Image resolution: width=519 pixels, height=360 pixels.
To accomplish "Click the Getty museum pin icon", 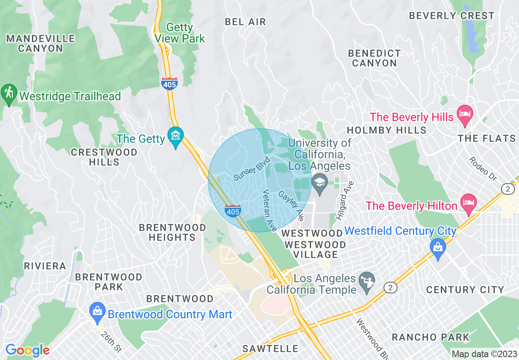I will click(x=176, y=135).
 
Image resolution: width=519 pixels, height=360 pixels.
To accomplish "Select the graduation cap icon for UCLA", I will click(x=320, y=183).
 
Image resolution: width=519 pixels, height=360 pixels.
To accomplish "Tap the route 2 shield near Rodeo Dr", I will click(x=508, y=188).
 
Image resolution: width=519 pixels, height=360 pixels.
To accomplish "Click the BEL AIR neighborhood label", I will click(x=246, y=22).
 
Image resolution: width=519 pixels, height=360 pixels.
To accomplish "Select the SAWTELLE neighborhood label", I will click(x=270, y=349).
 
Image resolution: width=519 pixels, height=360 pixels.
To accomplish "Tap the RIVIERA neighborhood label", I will click(x=45, y=266).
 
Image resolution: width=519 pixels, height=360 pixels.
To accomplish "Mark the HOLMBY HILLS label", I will click(x=386, y=130).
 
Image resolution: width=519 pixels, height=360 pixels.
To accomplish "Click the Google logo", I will click(x=27, y=351).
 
